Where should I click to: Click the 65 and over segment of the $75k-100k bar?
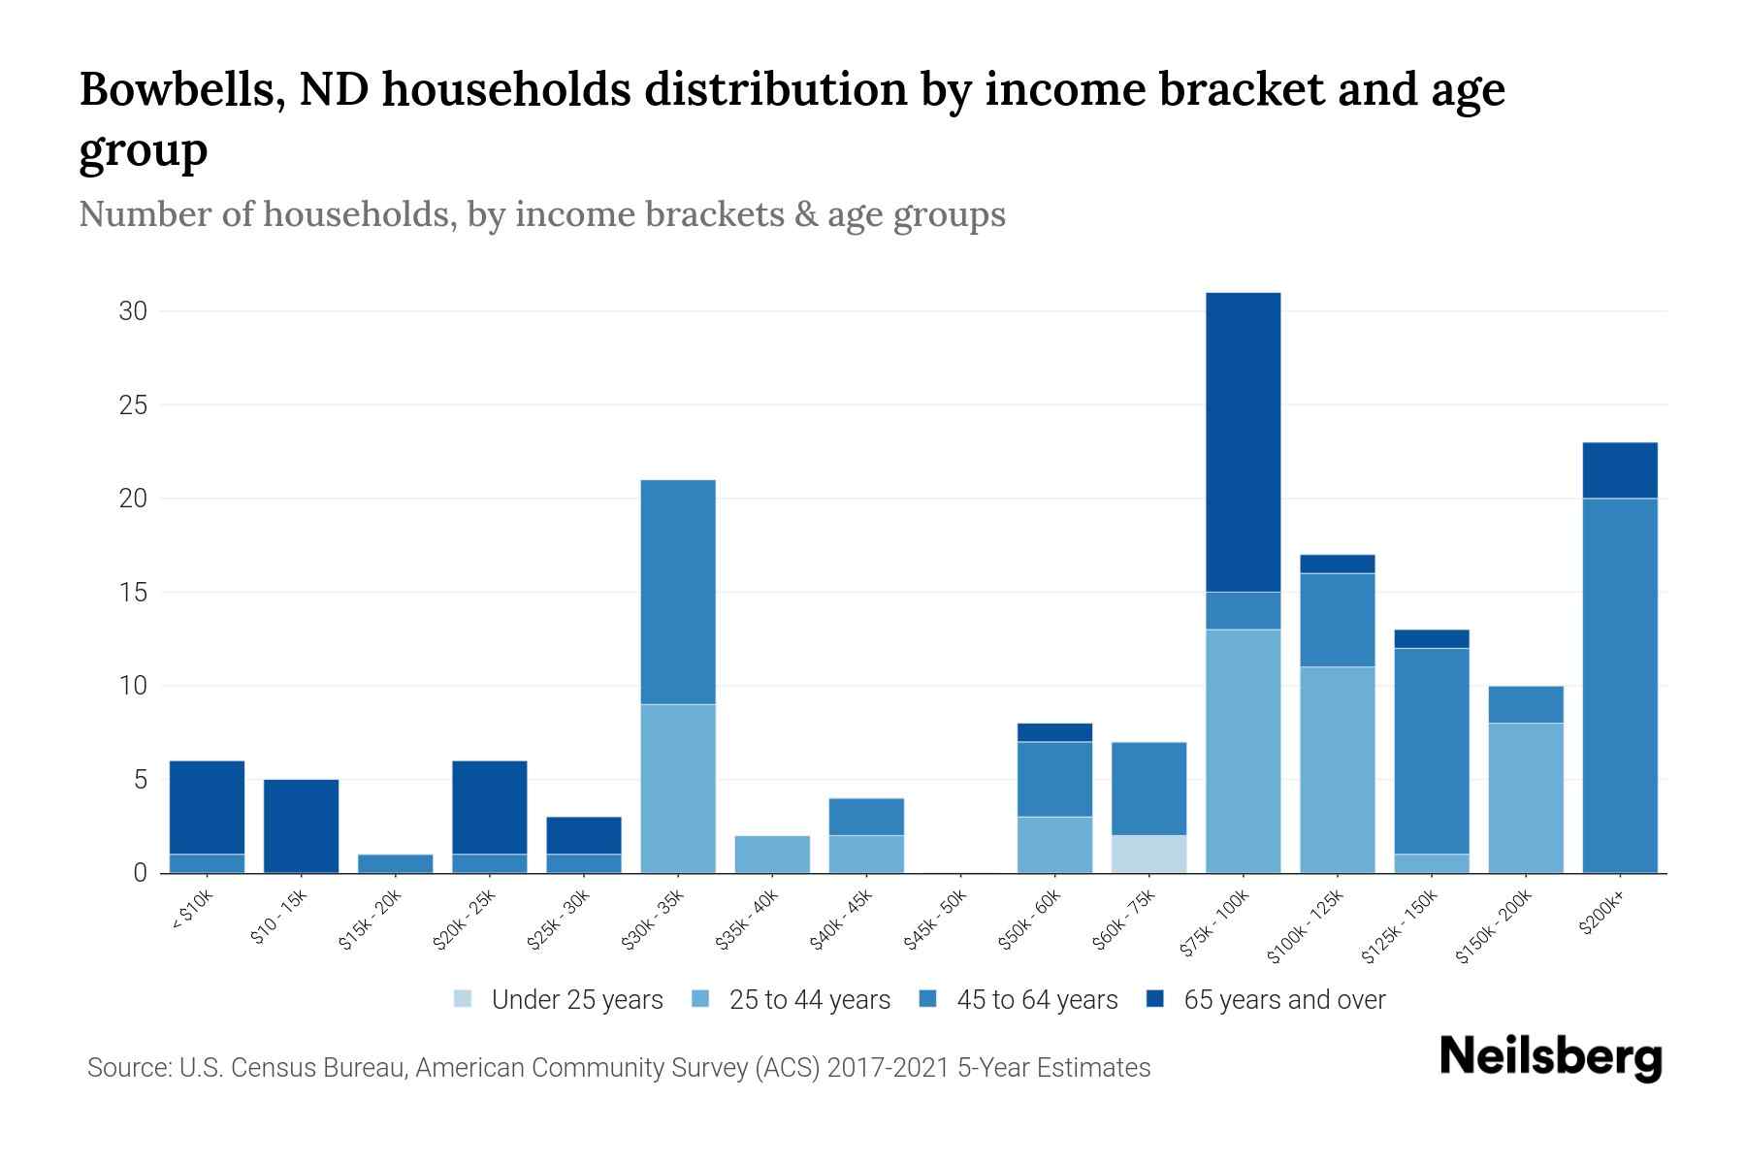pyautogui.click(x=1243, y=441)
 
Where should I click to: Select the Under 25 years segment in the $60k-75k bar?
pyautogui.click(x=1148, y=854)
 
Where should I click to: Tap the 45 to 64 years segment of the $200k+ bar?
pyautogui.click(x=1620, y=685)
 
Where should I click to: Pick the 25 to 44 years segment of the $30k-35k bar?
pyautogui.click(x=678, y=788)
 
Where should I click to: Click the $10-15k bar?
pyautogui.click(x=301, y=825)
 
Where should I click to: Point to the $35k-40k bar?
pyautogui.click(x=772, y=854)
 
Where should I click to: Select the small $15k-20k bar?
pyautogui.click(x=395, y=863)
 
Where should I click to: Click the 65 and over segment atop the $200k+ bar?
pyautogui.click(x=1620, y=470)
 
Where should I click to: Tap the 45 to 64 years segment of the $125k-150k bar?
pyautogui.click(x=1431, y=751)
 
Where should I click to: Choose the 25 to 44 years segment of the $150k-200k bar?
pyautogui.click(x=1525, y=797)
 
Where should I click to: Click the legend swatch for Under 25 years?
pyautogui.click(x=464, y=999)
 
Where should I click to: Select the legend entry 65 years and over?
pyautogui.click(x=1283, y=999)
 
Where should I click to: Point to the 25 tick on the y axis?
pyautogui.click(x=134, y=404)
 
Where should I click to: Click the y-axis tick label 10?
pyautogui.click(x=134, y=686)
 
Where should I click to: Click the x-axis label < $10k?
pyautogui.click(x=192, y=910)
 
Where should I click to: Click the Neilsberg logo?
pyautogui.click(x=1550, y=1057)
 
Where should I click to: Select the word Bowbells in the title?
pyautogui.click(x=180, y=90)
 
